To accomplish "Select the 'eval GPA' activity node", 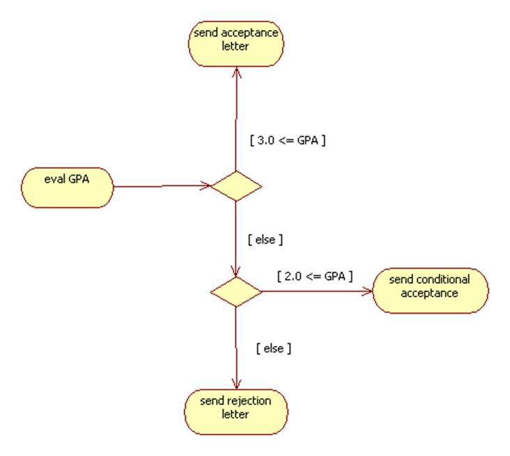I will tap(67, 186).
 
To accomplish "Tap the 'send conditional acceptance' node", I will tap(430, 287).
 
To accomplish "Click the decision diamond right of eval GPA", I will tap(236, 185).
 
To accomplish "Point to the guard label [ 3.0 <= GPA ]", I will tap(287, 139).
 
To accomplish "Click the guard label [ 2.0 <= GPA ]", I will tap(314, 275).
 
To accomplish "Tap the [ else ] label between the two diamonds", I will tap(265, 239).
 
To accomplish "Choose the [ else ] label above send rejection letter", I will tap(273, 347).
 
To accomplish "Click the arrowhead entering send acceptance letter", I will tap(236, 71).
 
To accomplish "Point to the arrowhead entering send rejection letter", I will tap(236, 384).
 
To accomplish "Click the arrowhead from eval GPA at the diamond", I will tap(206, 185).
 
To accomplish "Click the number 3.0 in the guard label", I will tap(265, 139).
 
